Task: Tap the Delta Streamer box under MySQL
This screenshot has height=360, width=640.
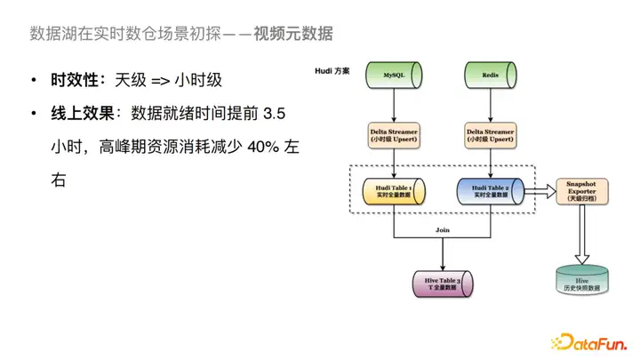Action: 394,135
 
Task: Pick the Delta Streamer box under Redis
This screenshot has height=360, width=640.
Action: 492,135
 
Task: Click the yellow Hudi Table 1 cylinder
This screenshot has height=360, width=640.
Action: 394,190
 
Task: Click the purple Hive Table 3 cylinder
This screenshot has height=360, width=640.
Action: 442,284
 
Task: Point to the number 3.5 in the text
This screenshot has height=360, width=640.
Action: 276,114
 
